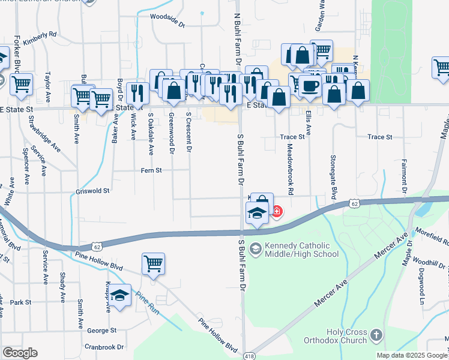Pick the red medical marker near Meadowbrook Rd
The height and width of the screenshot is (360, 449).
pos(277,211)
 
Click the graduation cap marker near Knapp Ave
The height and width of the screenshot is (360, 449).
pos(121,296)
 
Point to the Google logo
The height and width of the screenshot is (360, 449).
pos(20,353)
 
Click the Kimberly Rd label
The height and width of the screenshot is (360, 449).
pos(40,36)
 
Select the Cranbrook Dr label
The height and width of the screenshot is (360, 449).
pos(104,347)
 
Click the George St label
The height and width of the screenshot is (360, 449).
pos(101,331)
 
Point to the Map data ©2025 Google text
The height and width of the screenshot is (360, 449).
pos(411,355)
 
